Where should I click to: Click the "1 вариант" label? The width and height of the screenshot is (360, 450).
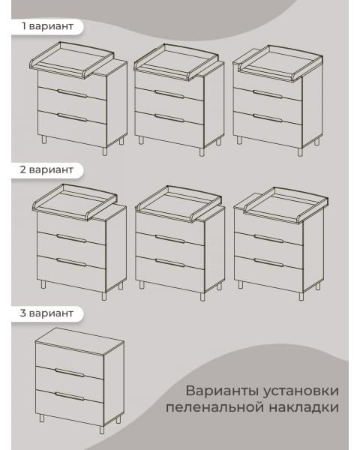tap(47, 26)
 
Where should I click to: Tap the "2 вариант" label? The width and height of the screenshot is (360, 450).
tap(48, 169)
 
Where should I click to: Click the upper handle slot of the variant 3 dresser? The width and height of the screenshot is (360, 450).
tap(70, 372)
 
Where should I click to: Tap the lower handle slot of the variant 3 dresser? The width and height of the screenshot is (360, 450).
tap(70, 396)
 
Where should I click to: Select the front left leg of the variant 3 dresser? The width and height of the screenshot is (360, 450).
tap(42, 417)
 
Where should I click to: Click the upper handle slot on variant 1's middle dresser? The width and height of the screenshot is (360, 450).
tap(169, 94)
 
